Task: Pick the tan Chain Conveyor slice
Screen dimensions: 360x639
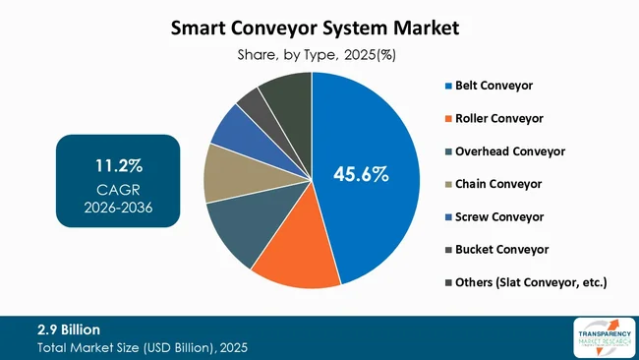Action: pyautogui.click(x=228, y=176)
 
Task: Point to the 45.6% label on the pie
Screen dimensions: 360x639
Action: pyautogui.click(x=361, y=175)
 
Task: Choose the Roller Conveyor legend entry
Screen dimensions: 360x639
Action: pyautogui.click(x=496, y=118)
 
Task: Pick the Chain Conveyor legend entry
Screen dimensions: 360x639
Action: pyautogui.click(x=495, y=184)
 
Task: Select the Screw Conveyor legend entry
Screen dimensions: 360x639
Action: pyautogui.click(x=494, y=216)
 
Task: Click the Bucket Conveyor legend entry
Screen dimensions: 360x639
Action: pyautogui.click(x=498, y=250)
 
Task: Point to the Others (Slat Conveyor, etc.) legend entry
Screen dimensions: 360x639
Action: pyautogui.click(x=529, y=282)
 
